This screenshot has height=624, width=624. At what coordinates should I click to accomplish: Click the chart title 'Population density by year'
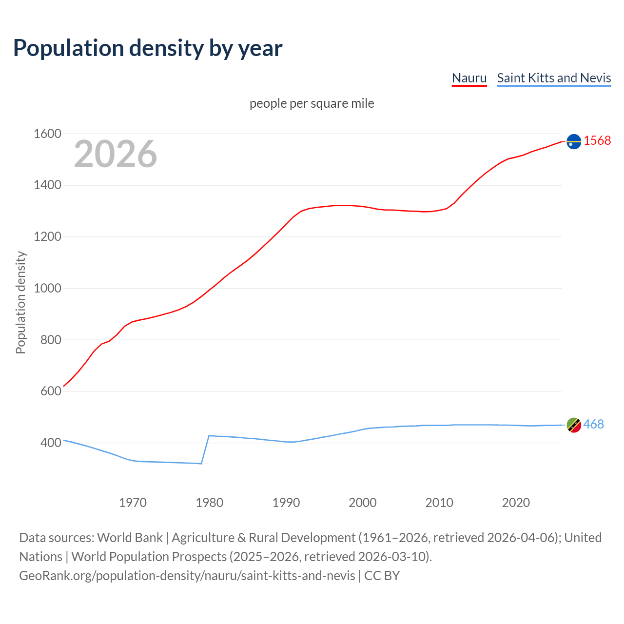pos(148,48)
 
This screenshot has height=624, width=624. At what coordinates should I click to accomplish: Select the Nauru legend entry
pos(469,78)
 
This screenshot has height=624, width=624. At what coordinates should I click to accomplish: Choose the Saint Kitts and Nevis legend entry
pos(554,78)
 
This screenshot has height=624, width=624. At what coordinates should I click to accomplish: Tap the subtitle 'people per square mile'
pos(312,103)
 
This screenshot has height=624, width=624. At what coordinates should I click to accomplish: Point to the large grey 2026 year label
pos(116,154)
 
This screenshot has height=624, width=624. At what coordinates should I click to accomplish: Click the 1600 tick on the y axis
pos(47,134)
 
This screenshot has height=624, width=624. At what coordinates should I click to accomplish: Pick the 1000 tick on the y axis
pos(47,288)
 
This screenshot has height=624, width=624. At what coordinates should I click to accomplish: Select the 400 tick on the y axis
pos(51,443)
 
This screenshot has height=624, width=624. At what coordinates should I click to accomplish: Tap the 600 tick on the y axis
pos(51,391)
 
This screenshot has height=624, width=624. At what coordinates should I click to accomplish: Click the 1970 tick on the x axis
pos(133,503)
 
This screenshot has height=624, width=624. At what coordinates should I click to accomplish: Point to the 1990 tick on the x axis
pos(286,503)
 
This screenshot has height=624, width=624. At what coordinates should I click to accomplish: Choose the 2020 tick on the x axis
pos(516,503)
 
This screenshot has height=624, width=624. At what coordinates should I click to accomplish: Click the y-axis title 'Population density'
pos(20,302)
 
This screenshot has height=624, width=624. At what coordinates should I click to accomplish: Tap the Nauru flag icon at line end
pos(574,141)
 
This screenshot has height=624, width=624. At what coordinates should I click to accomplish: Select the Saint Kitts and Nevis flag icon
pos(574,425)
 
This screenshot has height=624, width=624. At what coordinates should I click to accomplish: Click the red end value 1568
pos(597,140)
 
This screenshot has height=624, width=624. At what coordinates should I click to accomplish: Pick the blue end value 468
pos(593,424)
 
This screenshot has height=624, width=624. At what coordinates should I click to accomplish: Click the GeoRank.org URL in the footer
pos(187,575)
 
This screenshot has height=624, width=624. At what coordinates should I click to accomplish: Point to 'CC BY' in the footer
pos(382,575)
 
